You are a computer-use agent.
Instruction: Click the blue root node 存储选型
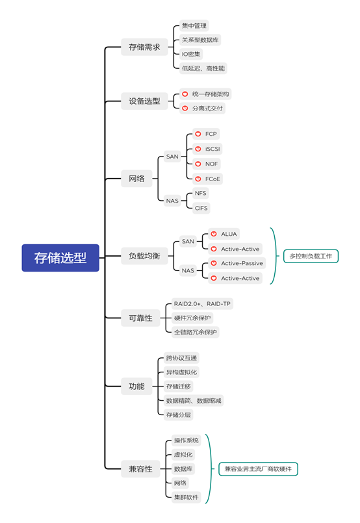60,258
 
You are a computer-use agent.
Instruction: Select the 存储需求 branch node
144,47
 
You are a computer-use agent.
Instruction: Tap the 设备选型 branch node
144,101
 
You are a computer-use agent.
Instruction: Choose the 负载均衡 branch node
144,256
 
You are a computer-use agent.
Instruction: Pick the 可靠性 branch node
140,318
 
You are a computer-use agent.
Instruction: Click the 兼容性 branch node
140,469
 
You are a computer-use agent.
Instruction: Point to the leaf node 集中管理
194,26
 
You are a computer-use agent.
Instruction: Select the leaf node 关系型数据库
200,40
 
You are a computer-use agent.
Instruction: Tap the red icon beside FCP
198,134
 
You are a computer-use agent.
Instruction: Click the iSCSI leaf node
207,149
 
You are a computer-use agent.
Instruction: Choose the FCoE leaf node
207,179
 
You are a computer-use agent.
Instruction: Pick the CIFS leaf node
201,208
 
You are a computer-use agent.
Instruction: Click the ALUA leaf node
224,234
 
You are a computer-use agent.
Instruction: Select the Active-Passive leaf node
237,263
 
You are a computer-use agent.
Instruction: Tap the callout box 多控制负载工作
311,256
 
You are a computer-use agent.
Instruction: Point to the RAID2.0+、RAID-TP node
202,304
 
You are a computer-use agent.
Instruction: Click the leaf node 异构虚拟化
181,372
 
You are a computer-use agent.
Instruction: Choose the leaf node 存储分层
179,415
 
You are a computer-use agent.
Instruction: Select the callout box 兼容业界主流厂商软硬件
258,469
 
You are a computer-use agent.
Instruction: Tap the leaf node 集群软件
186,497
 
